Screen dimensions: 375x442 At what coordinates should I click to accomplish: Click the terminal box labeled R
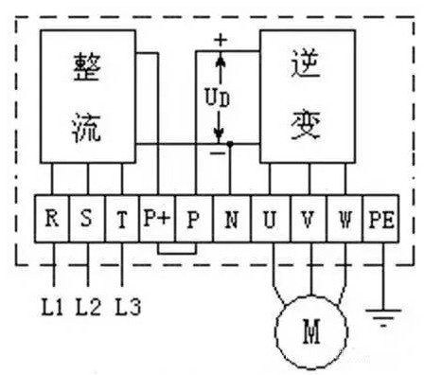[52, 220]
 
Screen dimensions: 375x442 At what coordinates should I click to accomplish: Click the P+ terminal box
[157, 220]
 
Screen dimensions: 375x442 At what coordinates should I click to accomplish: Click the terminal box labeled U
[270, 220]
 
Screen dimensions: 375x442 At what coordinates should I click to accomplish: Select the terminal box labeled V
[307, 220]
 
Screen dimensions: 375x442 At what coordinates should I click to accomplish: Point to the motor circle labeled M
[311, 330]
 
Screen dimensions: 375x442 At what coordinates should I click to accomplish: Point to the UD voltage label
[217, 97]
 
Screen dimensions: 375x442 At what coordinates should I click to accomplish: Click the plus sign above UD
[221, 40]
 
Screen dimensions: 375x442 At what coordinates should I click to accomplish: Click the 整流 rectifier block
[88, 95]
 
